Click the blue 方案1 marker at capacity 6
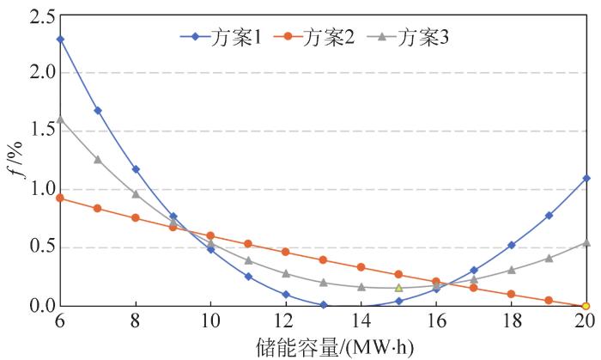[60, 40]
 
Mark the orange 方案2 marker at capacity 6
[60, 198]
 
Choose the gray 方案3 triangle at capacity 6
[60, 119]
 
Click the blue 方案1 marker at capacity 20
[586, 179]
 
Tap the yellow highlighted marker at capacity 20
[586, 305]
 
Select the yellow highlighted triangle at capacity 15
[398, 287]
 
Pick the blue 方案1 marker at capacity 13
[323, 304]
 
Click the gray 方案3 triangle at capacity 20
[586, 242]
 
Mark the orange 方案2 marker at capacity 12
[285, 252]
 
